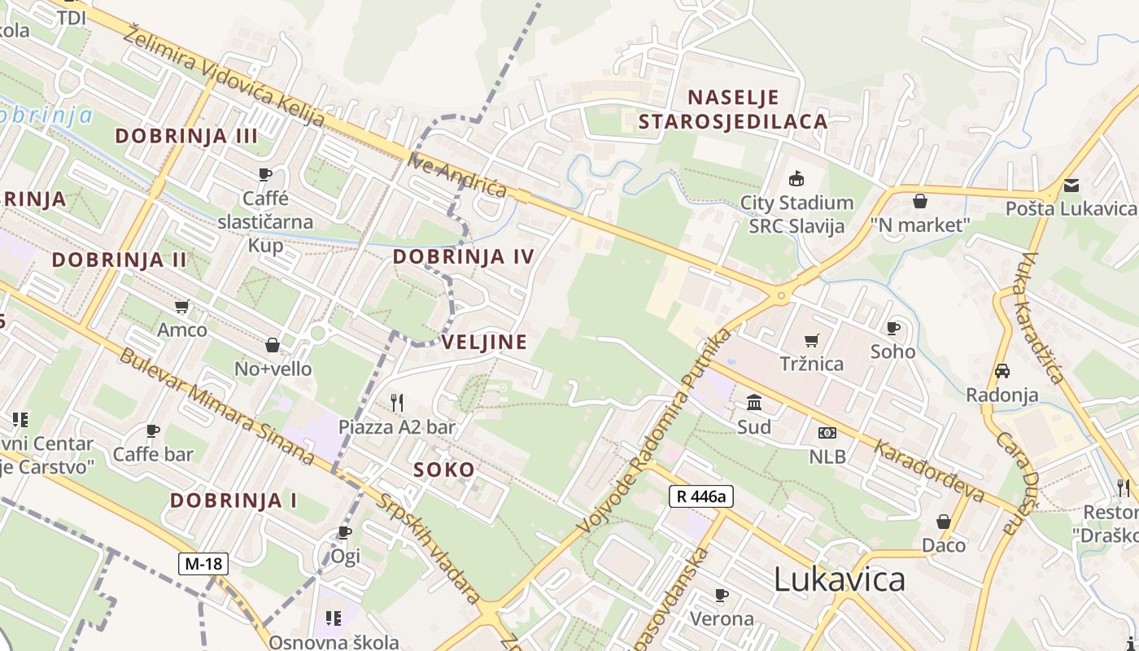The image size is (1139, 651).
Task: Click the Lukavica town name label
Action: click(x=839, y=579)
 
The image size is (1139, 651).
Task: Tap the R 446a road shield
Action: click(x=701, y=496)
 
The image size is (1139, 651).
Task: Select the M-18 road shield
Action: click(x=204, y=563)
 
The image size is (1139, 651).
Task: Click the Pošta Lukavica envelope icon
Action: click(x=1071, y=186)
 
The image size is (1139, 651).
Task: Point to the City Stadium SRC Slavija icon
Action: click(x=796, y=179)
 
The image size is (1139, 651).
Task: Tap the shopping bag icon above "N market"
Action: click(x=920, y=201)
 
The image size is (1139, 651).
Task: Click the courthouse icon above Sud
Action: click(x=754, y=403)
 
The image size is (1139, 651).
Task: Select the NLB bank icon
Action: click(x=827, y=433)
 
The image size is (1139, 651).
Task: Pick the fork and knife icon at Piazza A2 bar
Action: click(x=397, y=402)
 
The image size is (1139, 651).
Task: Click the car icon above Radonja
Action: click(x=1002, y=371)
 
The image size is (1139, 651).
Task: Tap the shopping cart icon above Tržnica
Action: click(x=811, y=340)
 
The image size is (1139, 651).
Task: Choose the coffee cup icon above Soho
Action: click(x=892, y=328)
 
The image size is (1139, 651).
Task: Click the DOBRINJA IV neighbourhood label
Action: click(x=464, y=257)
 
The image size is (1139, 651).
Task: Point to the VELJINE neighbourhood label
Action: click(x=485, y=342)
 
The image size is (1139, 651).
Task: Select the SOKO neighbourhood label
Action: click(x=443, y=470)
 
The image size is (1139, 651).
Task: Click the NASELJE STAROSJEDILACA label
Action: click(x=733, y=110)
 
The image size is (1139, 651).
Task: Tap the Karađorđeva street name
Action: click(x=929, y=471)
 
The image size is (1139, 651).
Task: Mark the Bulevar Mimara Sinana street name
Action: click(x=216, y=407)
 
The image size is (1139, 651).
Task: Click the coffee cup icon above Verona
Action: click(x=721, y=595)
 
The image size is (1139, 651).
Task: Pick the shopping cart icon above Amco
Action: click(x=182, y=307)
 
